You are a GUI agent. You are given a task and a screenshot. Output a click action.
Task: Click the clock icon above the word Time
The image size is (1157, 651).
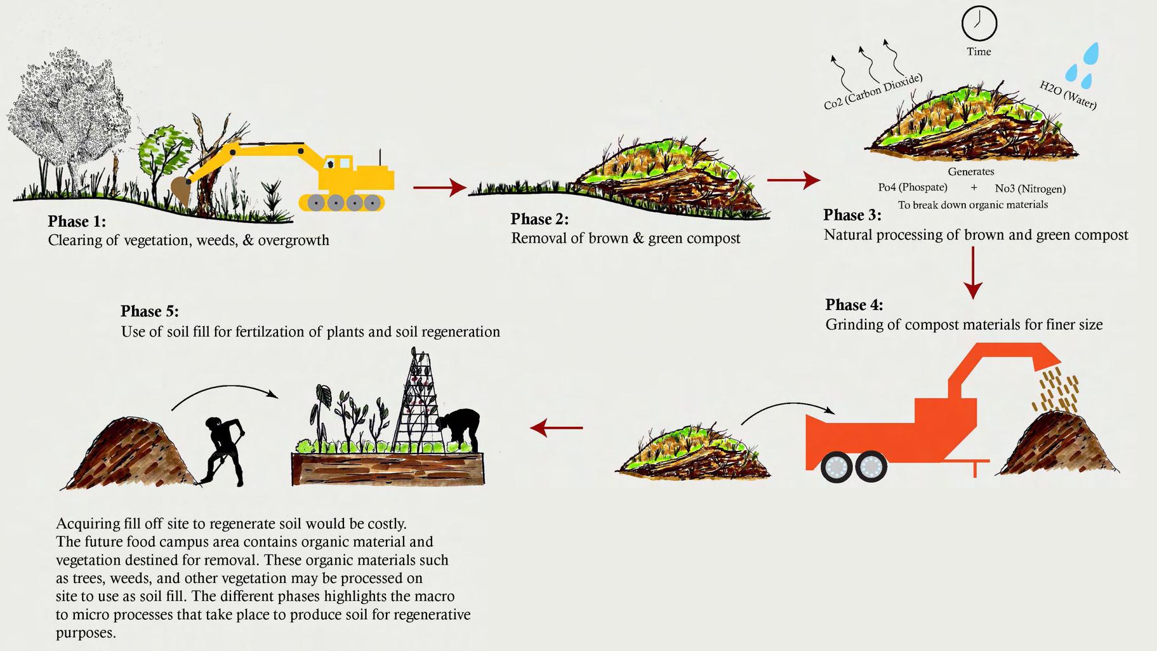click(x=979, y=23)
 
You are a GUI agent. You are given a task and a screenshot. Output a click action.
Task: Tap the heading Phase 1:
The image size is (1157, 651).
click(x=77, y=221)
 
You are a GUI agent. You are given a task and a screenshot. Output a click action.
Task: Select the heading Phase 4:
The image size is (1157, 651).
click(x=854, y=305)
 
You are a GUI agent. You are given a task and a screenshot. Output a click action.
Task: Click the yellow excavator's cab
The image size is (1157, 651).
click(x=340, y=167)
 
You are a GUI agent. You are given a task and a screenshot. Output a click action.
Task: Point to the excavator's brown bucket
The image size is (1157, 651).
click(x=181, y=189)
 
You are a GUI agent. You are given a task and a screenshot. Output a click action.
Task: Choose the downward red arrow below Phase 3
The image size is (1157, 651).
click(x=973, y=273)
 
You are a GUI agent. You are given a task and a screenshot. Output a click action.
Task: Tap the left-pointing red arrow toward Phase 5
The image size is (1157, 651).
click(x=556, y=427)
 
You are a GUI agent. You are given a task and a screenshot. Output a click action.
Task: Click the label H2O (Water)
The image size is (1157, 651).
click(x=1068, y=95)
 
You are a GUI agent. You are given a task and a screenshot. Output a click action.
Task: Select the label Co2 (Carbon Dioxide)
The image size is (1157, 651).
click(x=873, y=92)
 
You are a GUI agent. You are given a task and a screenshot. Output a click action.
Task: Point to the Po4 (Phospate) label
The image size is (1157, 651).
click(x=913, y=187)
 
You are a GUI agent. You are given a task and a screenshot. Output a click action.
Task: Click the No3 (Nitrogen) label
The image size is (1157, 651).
click(x=1030, y=189)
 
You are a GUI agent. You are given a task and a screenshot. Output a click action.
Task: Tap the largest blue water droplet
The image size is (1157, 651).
click(x=1091, y=53)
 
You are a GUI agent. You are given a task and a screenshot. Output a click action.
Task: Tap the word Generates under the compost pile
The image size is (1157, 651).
click(x=971, y=171)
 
